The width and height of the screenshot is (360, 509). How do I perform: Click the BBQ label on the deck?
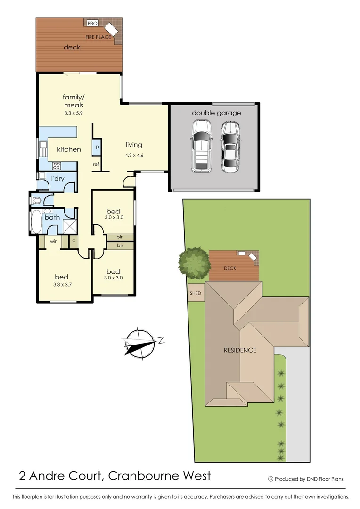tap(92, 23)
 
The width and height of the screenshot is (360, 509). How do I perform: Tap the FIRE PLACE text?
tap(98, 37)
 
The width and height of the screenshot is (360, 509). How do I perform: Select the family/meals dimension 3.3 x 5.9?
tap(73, 113)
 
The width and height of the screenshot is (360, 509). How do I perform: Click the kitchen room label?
tap(69, 149)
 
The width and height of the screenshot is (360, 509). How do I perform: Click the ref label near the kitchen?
tap(96, 164)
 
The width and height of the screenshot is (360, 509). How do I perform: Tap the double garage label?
tap(216, 113)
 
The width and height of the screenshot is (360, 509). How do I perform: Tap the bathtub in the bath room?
tap(36, 222)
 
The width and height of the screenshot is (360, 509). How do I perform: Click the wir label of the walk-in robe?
tap(54, 242)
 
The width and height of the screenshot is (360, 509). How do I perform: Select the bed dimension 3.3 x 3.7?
tap(61, 285)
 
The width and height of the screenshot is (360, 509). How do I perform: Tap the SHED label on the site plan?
tap(196, 293)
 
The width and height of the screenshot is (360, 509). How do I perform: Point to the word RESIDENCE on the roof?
tap(240, 350)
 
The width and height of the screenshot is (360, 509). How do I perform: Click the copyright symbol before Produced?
tap(270, 479)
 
